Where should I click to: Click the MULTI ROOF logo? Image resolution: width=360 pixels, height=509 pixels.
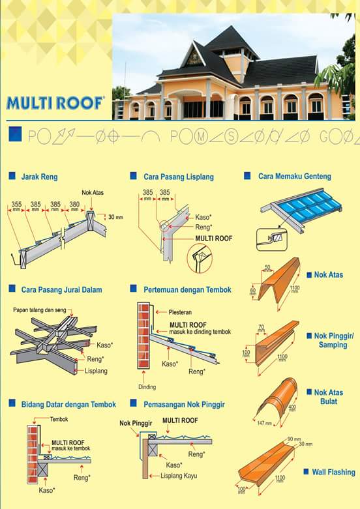point(55,103)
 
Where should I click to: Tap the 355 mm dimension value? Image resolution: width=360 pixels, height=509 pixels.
point(17,204)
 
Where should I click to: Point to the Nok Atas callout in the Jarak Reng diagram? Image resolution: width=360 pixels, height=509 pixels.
point(93,194)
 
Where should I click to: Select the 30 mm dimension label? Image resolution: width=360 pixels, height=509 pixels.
point(116,217)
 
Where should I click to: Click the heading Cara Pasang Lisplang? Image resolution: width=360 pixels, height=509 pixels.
point(178,177)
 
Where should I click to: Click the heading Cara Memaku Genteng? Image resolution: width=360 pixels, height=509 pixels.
point(294,176)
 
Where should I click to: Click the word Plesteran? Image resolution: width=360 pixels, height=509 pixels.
point(180,312)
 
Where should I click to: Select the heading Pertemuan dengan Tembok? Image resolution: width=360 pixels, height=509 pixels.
point(187,289)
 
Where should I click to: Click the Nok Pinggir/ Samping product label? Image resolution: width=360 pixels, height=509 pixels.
point(333,340)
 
